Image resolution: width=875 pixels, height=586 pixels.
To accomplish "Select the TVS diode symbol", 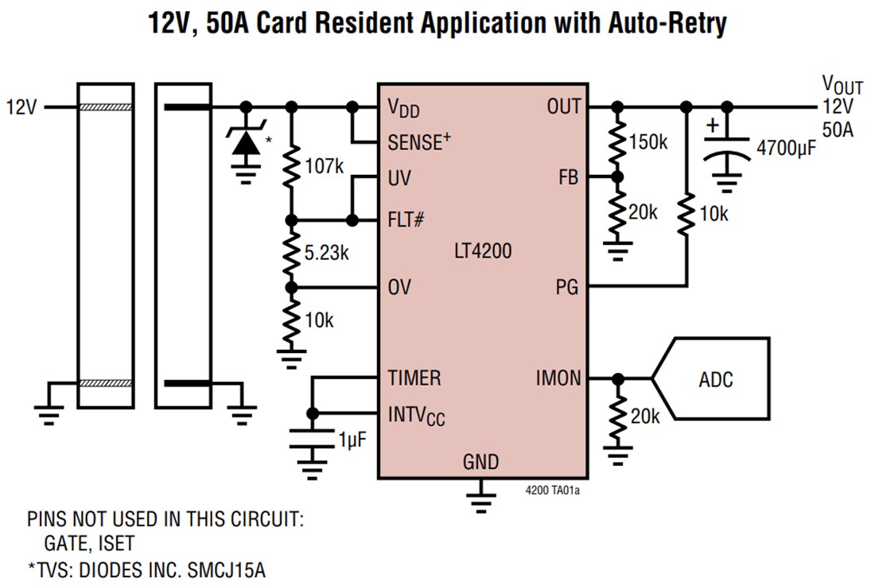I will (x=246, y=143).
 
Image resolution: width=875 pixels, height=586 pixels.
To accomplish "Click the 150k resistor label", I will (x=648, y=142).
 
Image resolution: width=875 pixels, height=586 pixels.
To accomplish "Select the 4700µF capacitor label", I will (x=786, y=147).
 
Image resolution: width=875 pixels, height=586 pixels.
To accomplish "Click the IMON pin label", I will (x=558, y=379).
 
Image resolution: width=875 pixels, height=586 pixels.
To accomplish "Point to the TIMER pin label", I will (x=414, y=378).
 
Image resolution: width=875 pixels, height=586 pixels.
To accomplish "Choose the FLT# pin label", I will (x=405, y=220).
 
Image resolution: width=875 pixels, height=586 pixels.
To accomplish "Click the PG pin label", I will (x=566, y=286).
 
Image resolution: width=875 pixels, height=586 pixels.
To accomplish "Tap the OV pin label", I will (x=399, y=287).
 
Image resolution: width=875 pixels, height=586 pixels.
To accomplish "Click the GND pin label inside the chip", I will (x=481, y=462).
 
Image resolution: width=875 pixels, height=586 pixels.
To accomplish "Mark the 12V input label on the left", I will (x=21, y=107).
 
